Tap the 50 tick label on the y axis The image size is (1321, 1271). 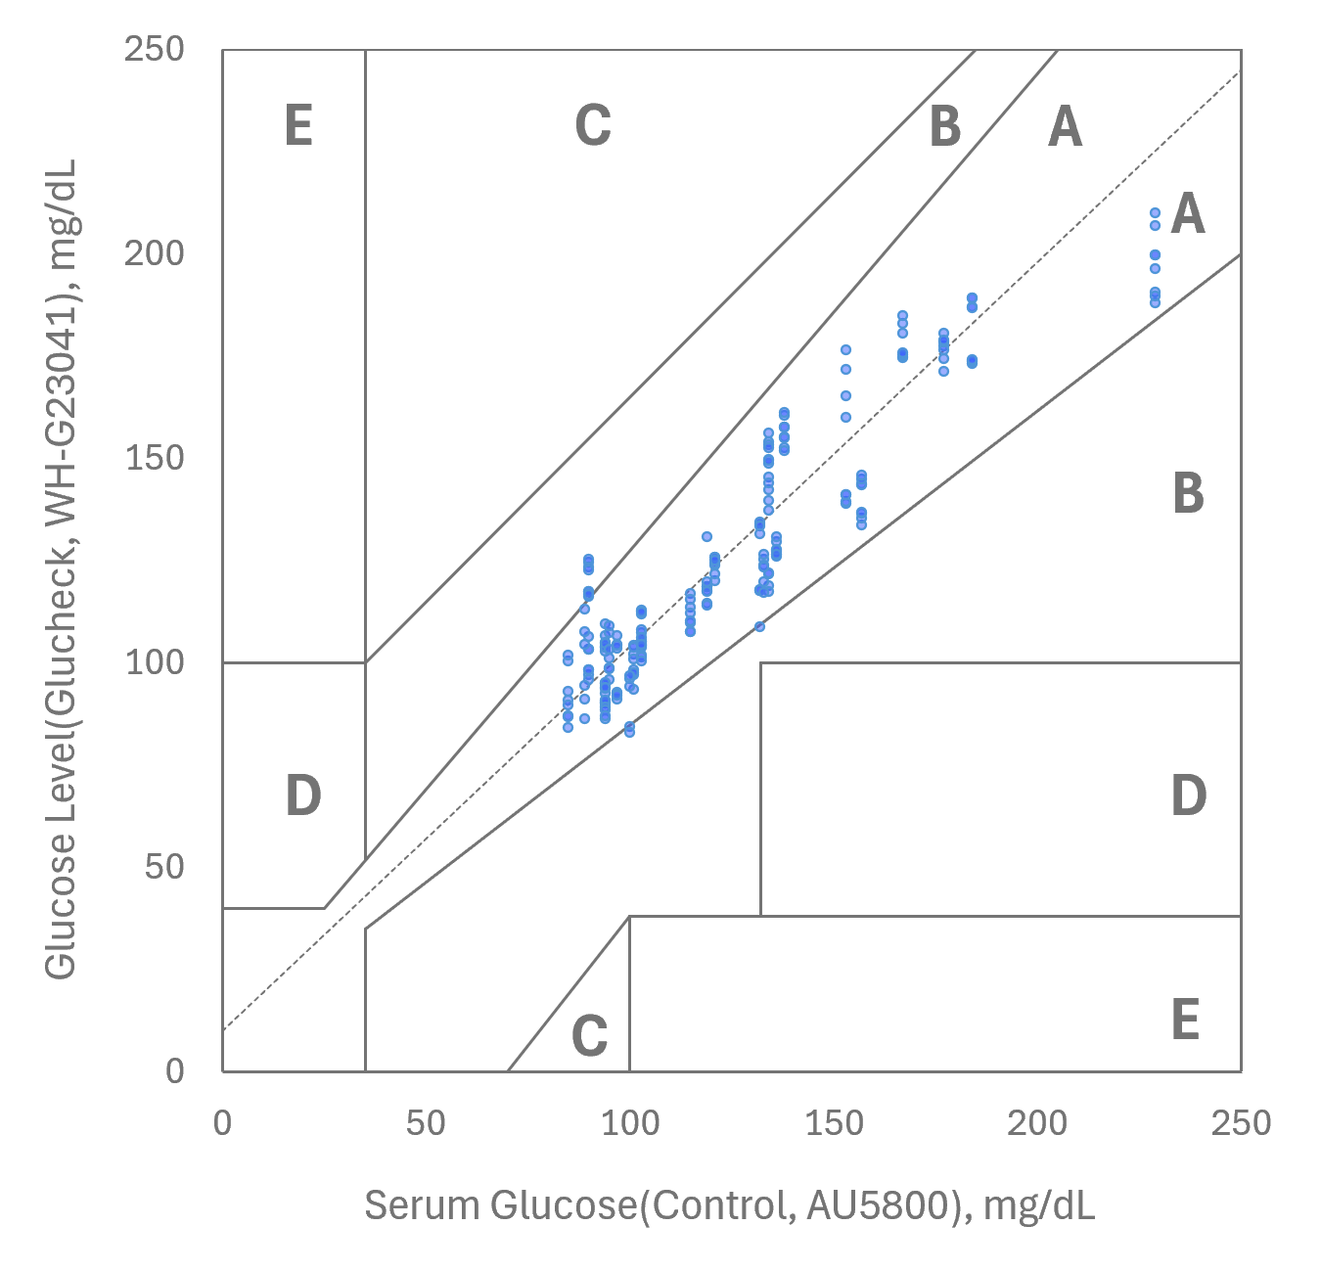tap(164, 867)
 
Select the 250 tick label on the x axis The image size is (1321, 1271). tap(1240, 1122)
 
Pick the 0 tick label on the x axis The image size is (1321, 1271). tap(222, 1122)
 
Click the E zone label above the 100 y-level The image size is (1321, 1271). tap(298, 126)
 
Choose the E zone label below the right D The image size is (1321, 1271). tap(1185, 1020)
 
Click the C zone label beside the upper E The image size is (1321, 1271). tap(592, 126)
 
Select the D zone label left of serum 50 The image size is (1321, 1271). tap(303, 796)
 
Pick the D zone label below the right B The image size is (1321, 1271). tap(1188, 796)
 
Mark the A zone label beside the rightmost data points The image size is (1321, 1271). tap(1188, 214)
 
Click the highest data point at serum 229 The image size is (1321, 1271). tap(1155, 212)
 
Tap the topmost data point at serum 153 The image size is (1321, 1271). tap(845, 350)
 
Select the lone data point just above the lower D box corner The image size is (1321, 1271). tap(759, 626)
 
